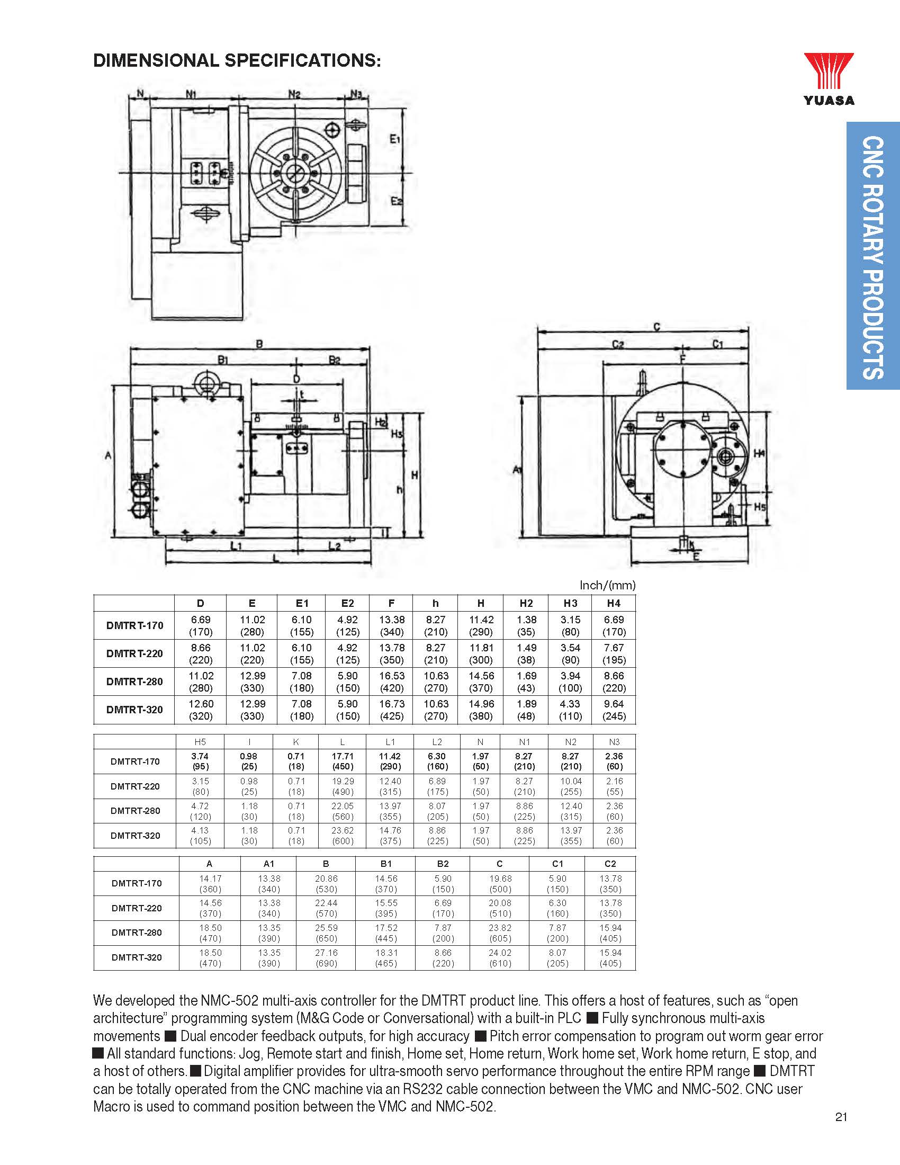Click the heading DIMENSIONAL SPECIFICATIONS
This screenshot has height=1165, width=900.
coord(237,60)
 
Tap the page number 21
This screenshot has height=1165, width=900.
coord(841,1132)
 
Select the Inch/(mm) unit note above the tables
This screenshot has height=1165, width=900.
coord(607,585)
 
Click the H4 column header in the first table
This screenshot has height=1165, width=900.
coord(614,603)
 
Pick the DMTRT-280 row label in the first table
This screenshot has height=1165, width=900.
coord(134,681)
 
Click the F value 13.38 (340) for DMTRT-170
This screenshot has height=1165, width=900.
coord(391,626)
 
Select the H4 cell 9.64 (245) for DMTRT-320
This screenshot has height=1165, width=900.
coord(614,710)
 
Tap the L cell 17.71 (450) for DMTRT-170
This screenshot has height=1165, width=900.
coord(343,761)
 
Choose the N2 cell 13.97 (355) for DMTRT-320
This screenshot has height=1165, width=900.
coord(571,835)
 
